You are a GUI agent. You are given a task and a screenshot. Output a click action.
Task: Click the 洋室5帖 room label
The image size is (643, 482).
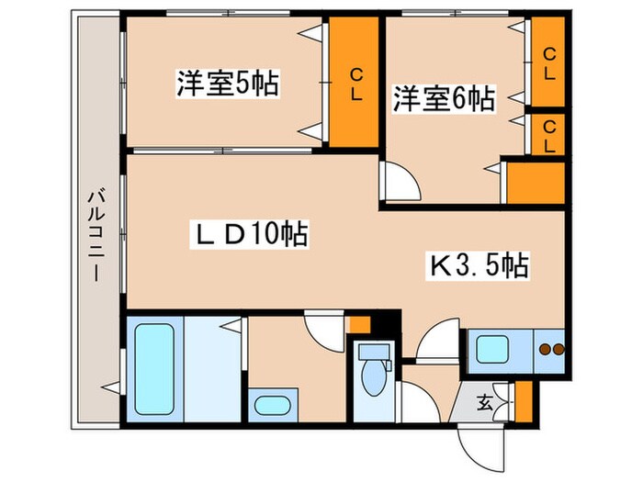point(228,84)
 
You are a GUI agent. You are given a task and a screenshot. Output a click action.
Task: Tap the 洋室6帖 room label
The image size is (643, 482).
point(445,97)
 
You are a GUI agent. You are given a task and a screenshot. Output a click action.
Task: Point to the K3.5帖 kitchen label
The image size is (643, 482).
point(479,265)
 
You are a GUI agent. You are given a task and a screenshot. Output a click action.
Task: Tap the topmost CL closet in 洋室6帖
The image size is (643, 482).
point(548,63)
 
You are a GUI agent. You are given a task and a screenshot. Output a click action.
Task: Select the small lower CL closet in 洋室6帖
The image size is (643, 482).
point(548,134)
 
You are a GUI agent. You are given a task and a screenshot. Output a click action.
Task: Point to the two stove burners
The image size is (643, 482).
point(550,349)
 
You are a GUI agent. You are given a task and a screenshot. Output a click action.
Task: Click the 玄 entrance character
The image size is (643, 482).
point(485,401)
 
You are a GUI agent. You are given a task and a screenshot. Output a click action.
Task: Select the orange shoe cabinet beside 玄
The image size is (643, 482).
point(524,400)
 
